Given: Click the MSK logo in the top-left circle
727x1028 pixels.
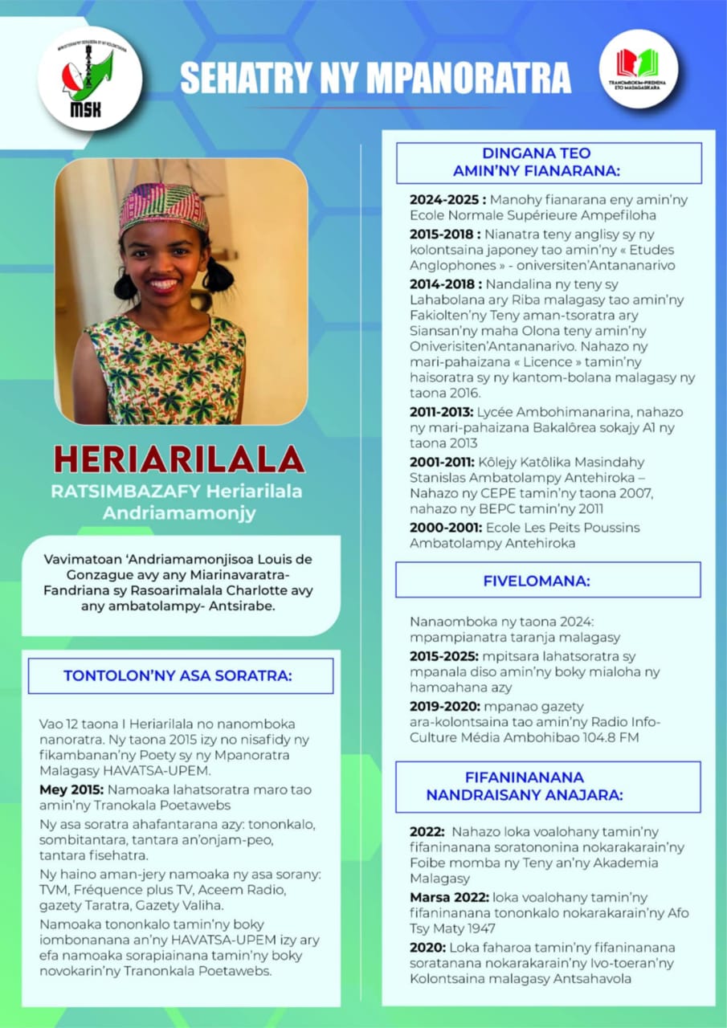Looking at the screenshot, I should point(89,79).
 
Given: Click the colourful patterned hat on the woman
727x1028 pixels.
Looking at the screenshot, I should point(164,207).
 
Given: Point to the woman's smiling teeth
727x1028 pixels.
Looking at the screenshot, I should point(164,284).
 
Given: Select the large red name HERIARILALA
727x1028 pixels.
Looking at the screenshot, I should point(179,459).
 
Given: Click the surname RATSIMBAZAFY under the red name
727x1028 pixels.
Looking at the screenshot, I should point(120,492).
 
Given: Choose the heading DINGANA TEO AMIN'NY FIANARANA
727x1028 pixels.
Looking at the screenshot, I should point(549,162).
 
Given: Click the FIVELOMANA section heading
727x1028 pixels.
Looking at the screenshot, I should point(548,580).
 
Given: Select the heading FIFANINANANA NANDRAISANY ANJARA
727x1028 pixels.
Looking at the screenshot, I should point(547,786).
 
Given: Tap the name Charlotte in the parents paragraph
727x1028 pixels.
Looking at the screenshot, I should point(268,590).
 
